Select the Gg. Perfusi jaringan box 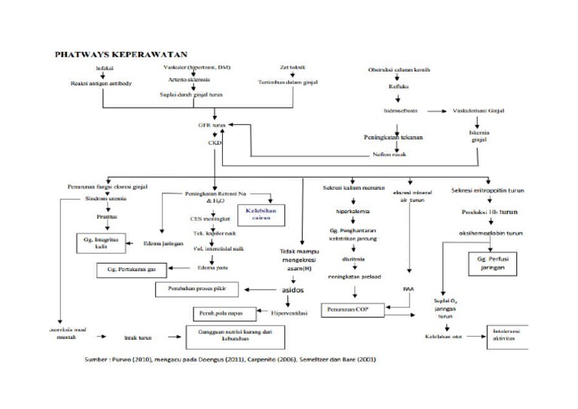click(x=489, y=264)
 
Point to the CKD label click(x=214, y=141)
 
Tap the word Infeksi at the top click(x=105, y=69)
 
